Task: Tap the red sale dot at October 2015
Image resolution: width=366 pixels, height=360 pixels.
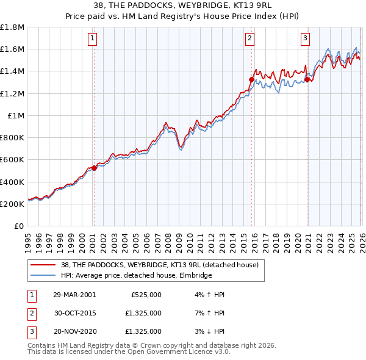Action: click(251, 79)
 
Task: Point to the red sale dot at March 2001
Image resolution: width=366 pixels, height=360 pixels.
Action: click(94, 168)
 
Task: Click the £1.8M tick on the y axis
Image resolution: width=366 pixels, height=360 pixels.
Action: click(12, 27)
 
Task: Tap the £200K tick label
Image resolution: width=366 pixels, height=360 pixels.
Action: click(12, 204)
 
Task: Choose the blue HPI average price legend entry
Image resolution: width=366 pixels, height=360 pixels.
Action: click(135, 276)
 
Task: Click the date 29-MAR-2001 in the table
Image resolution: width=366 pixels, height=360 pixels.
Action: click(74, 295)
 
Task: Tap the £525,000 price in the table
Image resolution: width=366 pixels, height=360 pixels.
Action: click(146, 295)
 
